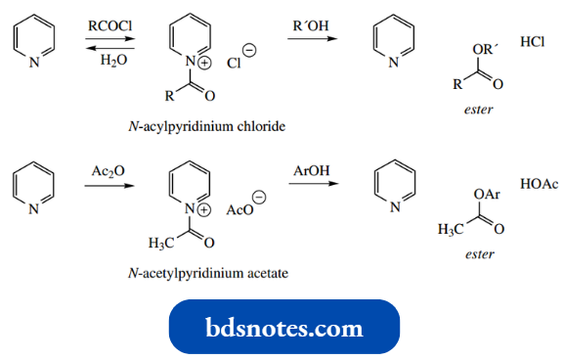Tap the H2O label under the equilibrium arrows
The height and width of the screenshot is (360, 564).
108,61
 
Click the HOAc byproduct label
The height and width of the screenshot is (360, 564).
539,183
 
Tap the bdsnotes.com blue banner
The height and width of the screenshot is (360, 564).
283,327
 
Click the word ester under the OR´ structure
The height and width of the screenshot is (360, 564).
477,110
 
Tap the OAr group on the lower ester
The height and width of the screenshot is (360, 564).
485,197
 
